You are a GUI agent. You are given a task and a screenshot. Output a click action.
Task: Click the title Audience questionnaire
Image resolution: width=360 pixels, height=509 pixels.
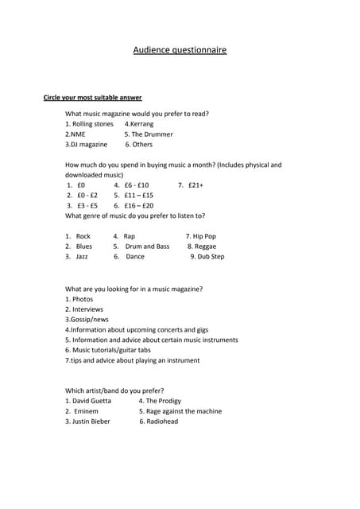pos(180,50)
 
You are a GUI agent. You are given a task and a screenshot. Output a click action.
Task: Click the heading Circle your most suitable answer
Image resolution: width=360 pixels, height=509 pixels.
pos(92,98)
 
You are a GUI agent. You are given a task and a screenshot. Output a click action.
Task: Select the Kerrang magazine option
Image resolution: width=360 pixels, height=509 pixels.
pos(139,124)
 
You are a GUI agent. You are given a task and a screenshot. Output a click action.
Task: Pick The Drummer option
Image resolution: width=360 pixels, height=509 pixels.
pos(147,134)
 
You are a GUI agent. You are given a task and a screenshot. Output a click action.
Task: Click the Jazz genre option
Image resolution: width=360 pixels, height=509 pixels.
pos(82,257)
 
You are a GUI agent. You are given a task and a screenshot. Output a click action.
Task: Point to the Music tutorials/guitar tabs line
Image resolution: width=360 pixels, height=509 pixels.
pos(118,350)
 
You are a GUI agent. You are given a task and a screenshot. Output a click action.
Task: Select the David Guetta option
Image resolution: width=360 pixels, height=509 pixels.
pos(91,401)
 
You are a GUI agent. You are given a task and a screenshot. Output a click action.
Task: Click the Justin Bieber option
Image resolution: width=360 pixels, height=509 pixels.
pos(90,422)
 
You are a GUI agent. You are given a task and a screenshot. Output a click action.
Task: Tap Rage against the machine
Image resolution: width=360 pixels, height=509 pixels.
pos(184,411)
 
